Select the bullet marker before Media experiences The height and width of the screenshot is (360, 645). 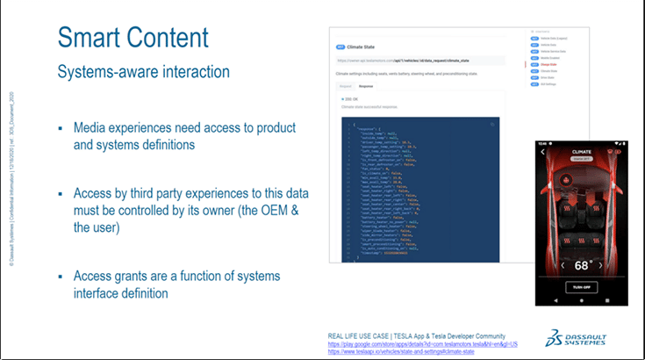pyautogui.click(x=61, y=128)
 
